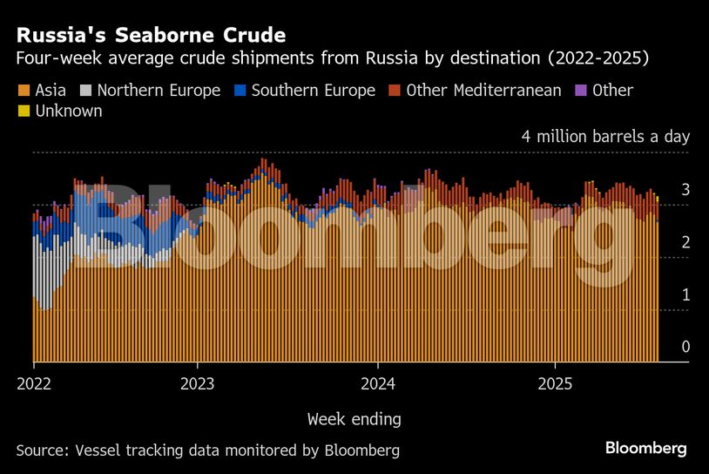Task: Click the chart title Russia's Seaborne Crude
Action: (151, 36)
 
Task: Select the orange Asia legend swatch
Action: (24, 91)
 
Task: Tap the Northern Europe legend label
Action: (159, 91)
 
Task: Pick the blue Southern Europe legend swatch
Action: (240, 91)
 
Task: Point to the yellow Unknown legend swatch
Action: (24, 112)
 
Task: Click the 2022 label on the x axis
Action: (33, 383)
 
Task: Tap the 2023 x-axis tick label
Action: (198, 383)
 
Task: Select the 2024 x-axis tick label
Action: (378, 383)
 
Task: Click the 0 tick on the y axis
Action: (685, 348)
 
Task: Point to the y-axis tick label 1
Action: (685, 295)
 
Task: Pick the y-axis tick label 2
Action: (685, 242)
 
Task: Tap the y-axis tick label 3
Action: (685, 190)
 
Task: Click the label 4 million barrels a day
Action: (605, 137)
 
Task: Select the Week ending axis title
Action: (354, 420)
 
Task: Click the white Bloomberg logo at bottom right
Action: (645, 448)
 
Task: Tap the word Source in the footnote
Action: (41, 450)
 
